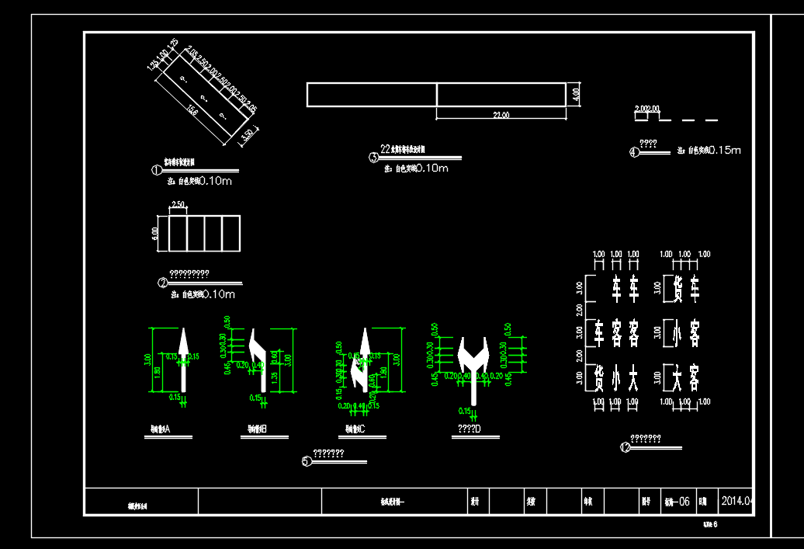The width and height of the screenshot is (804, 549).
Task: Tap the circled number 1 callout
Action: tap(156, 170)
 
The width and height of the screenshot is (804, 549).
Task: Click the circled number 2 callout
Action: tap(163, 283)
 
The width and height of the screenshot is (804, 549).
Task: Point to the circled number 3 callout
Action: tap(373, 157)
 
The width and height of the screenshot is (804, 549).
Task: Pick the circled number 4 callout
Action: tap(634, 152)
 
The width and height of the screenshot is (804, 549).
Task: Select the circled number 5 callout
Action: tap(307, 461)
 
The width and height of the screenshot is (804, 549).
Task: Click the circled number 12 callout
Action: tap(626, 446)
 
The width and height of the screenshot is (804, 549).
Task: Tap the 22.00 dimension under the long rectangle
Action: tap(501, 116)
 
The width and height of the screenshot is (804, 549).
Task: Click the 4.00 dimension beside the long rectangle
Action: tap(576, 94)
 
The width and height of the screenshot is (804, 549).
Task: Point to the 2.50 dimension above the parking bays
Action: tap(178, 205)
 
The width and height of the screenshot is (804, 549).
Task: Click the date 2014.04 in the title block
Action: tap(737, 501)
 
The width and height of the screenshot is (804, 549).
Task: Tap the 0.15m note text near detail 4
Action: tap(725, 150)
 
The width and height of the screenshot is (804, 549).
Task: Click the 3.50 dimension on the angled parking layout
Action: tap(247, 135)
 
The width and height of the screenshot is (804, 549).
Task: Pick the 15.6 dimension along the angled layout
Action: tap(192, 111)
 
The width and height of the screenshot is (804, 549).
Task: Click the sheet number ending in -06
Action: tap(677, 502)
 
